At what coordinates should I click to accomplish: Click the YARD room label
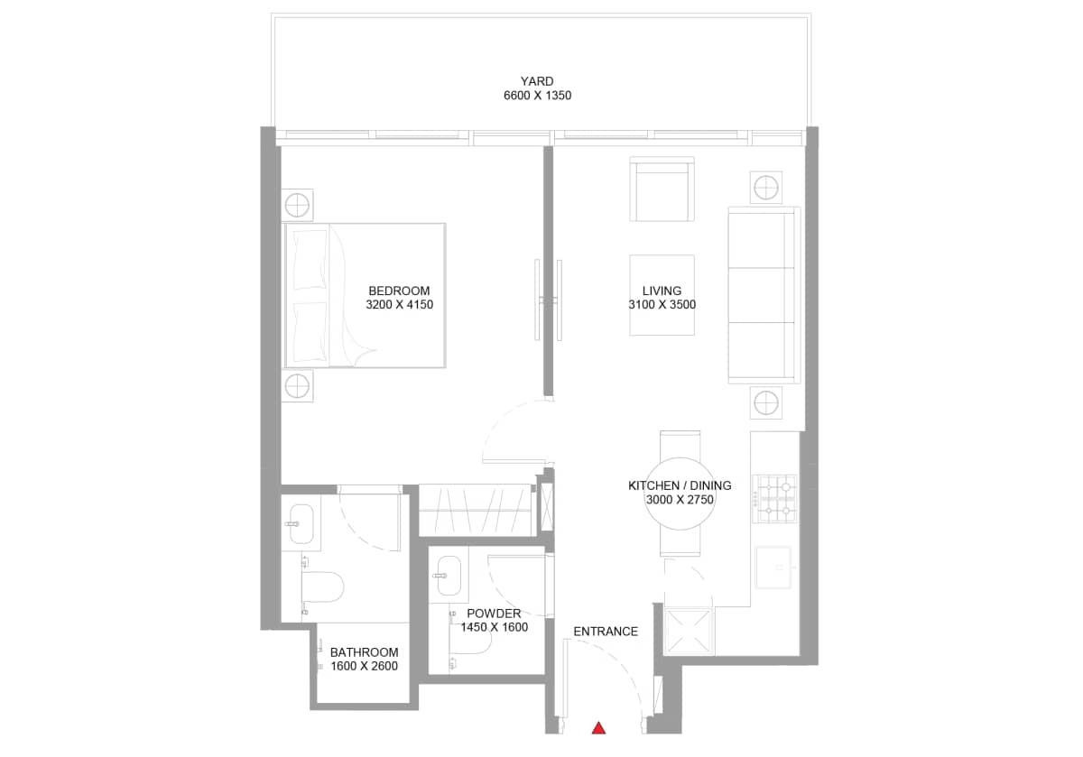[537, 81]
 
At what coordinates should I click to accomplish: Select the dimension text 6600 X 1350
[537, 96]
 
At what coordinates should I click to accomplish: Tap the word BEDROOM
[399, 291]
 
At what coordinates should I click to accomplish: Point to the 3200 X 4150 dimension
[399, 305]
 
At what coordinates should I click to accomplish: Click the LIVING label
[662, 291]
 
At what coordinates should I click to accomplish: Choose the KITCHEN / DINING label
[680, 485]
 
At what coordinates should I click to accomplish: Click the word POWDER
[494, 614]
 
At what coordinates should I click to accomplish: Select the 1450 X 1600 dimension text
[494, 627]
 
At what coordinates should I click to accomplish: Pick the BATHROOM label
[364, 652]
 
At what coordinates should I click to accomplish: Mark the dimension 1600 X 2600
[364, 667]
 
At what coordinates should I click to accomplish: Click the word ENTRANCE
[606, 632]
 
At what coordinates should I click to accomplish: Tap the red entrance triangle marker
[597, 727]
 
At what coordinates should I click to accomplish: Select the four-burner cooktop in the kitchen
[776, 499]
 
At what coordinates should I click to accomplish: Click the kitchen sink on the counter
[773, 567]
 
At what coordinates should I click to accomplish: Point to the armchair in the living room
[662, 189]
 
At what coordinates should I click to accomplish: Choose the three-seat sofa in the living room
[764, 294]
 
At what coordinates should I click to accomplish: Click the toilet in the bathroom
[321, 587]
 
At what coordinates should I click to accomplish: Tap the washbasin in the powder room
[448, 575]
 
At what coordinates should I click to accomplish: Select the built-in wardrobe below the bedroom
[475, 510]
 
